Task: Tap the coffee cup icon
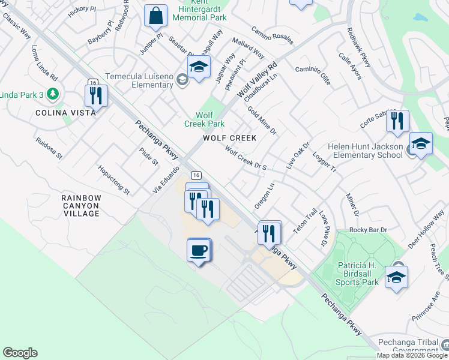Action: (x=199, y=250)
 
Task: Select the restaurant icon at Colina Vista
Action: (x=95, y=95)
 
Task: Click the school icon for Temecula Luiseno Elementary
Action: (x=199, y=67)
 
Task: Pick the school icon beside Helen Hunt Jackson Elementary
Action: (x=421, y=144)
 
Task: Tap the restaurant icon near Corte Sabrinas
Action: (x=397, y=121)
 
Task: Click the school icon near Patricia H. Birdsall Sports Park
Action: (x=396, y=277)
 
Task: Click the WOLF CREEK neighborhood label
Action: (x=229, y=138)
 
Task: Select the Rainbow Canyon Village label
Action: (x=81, y=205)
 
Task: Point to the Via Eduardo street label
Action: (x=166, y=180)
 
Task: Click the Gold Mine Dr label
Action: (x=262, y=120)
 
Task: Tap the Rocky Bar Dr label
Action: (x=369, y=230)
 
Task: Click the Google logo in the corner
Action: (x=20, y=353)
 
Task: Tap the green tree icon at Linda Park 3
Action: (x=53, y=94)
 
